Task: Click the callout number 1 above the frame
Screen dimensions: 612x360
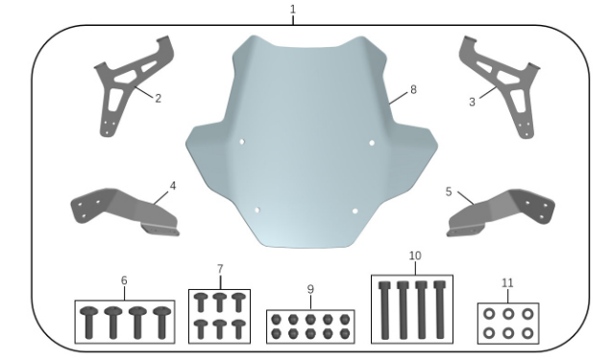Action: coord(293,10)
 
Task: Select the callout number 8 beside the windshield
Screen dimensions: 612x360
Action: coord(413,89)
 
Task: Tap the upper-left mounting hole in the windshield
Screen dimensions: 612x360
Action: coord(242,141)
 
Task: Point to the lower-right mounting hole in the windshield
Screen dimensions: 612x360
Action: coord(355,211)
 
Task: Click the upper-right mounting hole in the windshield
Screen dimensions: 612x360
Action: coord(372,143)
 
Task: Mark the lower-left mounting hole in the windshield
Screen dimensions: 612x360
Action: coord(257,210)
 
